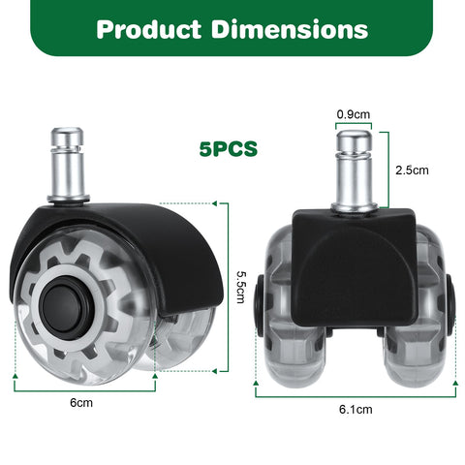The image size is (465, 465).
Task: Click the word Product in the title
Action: [x=148, y=29]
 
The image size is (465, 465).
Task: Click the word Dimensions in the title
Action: [x=290, y=29]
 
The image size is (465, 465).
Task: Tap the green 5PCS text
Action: [x=229, y=149]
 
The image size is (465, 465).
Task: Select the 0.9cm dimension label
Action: [x=354, y=114]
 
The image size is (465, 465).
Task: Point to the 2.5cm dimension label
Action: [x=412, y=170]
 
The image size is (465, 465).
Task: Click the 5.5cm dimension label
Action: [x=241, y=287]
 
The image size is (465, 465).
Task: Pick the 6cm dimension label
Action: [x=81, y=403]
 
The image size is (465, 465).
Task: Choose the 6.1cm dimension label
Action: [x=356, y=410]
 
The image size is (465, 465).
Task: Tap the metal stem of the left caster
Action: [x=68, y=166]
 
